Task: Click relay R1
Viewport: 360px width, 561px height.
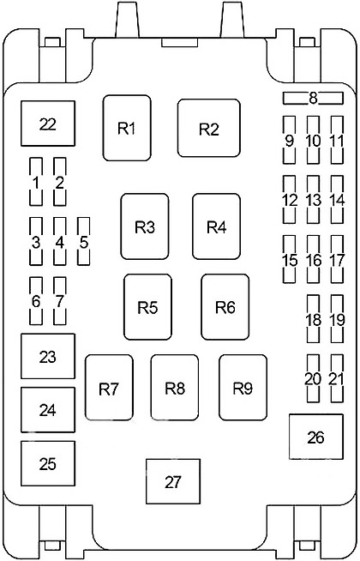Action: pyautogui.click(x=127, y=128)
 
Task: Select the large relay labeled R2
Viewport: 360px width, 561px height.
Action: pyautogui.click(x=209, y=129)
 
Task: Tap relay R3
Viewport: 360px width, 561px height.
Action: pyautogui.click(x=145, y=226)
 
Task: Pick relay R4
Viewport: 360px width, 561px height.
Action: pyautogui.click(x=216, y=226)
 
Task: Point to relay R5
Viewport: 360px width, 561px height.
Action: pyautogui.click(x=147, y=306)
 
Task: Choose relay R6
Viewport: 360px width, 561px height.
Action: pyautogui.click(x=225, y=306)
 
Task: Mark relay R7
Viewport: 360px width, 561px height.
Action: pyautogui.click(x=108, y=389)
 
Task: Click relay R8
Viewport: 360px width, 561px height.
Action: pyautogui.click(x=175, y=389)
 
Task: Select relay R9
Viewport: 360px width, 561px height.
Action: pyautogui.click(x=243, y=389)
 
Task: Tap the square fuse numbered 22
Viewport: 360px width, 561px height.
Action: pyautogui.click(x=48, y=124)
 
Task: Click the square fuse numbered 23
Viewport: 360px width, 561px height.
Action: pyautogui.click(x=48, y=356)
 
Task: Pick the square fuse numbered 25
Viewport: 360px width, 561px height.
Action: pyautogui.click(x=48, y=463)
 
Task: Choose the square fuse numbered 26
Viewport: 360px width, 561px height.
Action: pyautogui.click(x=315, y=437)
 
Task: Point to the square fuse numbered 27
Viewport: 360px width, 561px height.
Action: pyautogui.click(x=174, y=481)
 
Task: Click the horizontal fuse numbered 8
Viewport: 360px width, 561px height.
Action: pyautogui.click(x=314, y=98)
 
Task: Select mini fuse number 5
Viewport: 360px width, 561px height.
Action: pyautogui.click(x=84, y=241)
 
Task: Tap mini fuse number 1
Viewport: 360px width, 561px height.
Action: pyautogui.click(x=36, y=182)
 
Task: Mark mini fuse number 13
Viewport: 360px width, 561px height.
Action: pyautogui.click(x=314, y=200)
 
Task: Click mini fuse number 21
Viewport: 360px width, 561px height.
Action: pyautogui.click(x=337, y=378)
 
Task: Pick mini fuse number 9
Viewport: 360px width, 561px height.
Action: pyautogui.click(x=290, y=140)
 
